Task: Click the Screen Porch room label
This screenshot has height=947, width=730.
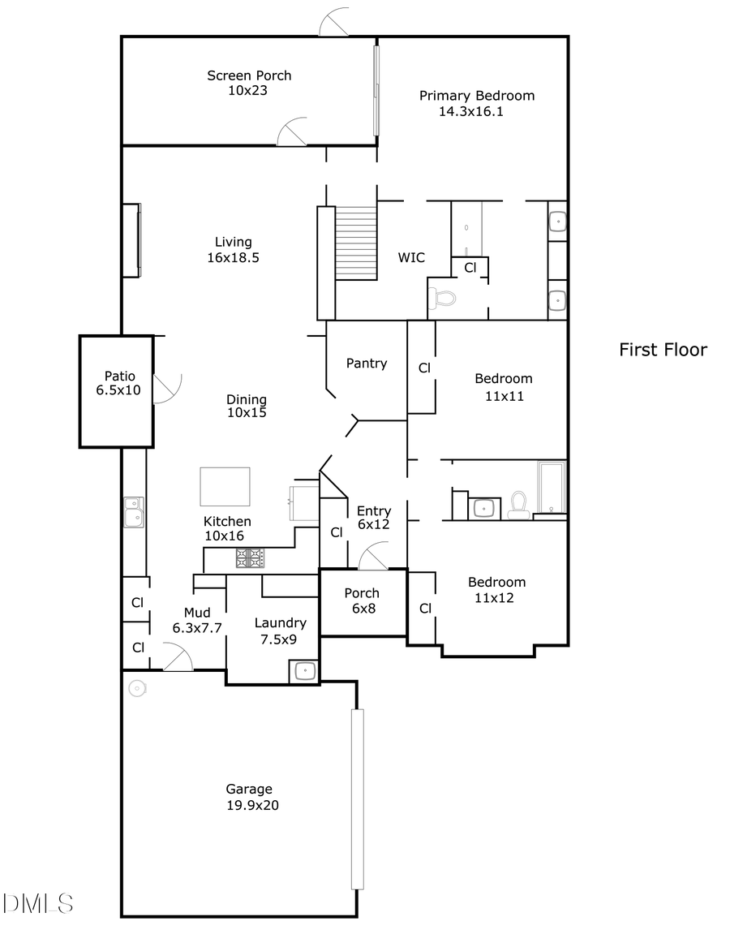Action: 249,75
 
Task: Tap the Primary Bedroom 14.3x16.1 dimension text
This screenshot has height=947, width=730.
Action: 471,112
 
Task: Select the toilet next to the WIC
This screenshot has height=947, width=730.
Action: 443,298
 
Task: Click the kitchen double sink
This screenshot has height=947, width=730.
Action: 134,512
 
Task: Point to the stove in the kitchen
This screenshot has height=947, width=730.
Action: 250,557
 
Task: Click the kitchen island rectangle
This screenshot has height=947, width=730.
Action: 225,486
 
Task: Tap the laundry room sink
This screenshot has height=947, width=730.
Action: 304,670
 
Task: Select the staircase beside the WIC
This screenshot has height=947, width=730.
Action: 356,243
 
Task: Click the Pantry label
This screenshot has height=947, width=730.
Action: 367,364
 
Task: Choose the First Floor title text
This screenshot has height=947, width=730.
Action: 663,350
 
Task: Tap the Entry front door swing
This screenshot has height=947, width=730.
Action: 373,557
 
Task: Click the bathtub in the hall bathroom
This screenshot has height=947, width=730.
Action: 552,487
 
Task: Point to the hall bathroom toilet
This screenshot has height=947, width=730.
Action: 517,505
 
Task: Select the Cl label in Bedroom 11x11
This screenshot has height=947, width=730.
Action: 423,368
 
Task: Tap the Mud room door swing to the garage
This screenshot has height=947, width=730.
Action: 178,657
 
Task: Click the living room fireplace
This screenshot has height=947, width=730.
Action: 131,239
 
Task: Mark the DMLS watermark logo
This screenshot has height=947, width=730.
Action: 37,902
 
